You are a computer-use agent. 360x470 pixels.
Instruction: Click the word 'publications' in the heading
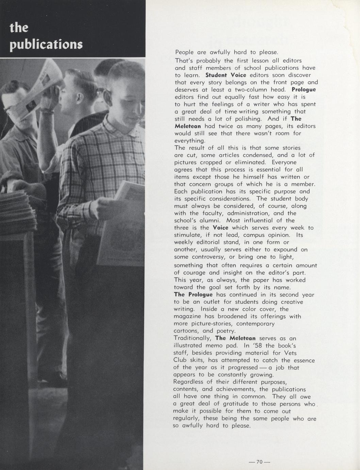coord(46,45)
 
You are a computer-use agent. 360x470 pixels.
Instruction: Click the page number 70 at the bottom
coord(259,462)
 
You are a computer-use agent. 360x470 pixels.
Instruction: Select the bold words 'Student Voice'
coord(226,75)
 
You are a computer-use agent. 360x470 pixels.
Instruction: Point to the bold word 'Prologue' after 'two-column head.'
coord(304,90)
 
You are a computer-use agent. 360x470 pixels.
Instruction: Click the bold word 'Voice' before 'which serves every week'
coord(220,228)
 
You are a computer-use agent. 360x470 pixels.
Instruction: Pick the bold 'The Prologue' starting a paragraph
coord(193,295)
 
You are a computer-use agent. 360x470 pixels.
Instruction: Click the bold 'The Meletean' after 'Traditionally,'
coord(235,338)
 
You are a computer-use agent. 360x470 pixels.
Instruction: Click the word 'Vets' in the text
coord(290,353)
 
